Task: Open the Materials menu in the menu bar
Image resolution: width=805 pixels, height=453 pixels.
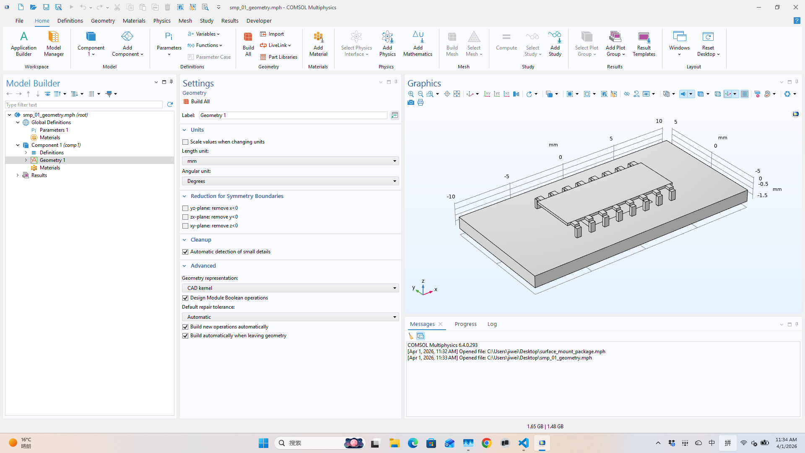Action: click(134, 21)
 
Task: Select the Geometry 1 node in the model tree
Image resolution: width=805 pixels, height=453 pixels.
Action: click(52, 160)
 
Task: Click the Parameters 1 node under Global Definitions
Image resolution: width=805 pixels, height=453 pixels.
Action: click(54, 130)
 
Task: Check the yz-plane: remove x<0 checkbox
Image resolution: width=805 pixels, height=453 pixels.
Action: click(185, 208)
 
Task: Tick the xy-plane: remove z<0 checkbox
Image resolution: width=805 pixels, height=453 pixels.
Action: click(185, 226)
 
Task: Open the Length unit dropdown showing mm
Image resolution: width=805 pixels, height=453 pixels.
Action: click(290, 161)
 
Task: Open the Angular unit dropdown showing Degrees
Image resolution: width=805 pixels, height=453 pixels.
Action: click(290, 181)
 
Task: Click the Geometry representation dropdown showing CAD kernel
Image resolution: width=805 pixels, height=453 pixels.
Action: click(290, 288)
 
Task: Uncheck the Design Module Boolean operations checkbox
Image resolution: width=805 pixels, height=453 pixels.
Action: click(185, 298)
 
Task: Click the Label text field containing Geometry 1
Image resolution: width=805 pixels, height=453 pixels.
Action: click(293, 115)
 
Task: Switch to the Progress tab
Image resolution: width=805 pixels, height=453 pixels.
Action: click(465, 324)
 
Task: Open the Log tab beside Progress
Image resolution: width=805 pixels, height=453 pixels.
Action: click(492, 324)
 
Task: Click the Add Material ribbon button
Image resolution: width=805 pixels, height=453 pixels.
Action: click(318, 44)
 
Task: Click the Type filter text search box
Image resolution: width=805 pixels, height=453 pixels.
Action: click(84, 105)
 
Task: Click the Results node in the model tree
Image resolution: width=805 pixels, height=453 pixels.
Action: click(39, 175)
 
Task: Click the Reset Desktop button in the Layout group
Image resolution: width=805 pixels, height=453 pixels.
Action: click(708, 44)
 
